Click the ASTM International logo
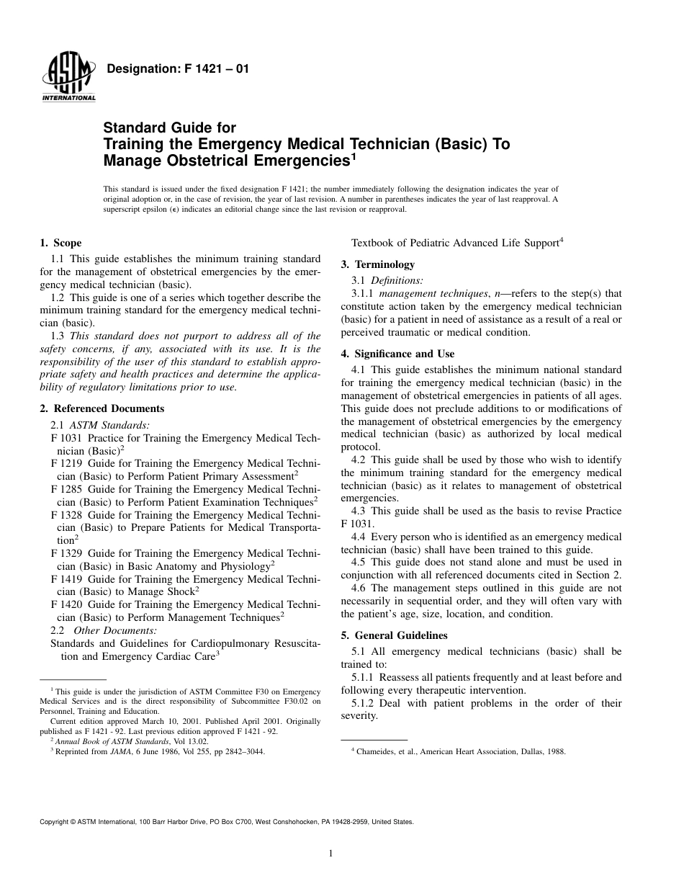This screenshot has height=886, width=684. pyautogui.click(x=68, y=78)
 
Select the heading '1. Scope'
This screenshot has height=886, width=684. pyautogui.click(x=60, y=243)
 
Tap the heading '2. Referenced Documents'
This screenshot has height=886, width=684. pyautogui.click(x=102, y=408)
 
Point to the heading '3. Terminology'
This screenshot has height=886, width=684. pyautogui.click(x=377, y=264)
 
